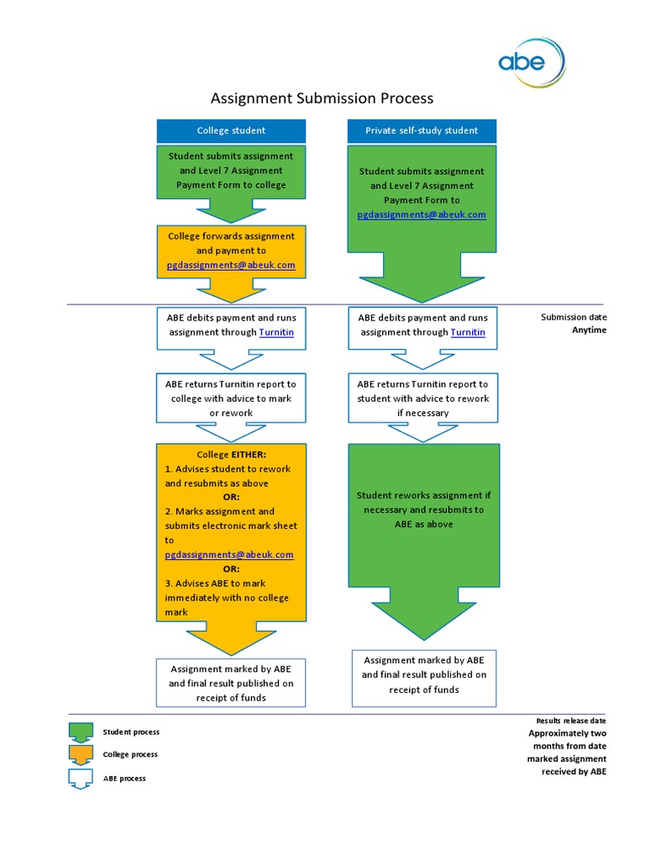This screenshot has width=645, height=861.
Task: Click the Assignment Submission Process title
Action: (x=322, y=98)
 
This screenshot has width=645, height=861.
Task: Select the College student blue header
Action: (x=231, y=130)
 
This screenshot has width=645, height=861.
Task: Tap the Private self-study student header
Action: (x=422, y=130)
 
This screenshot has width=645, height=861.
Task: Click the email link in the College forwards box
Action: (x=231, y=265)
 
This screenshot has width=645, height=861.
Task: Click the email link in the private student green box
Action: (x=422, y=214)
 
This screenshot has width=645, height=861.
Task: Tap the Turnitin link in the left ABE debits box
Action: (x=276, y=332)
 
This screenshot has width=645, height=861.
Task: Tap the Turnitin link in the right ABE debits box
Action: (x=468, y=332)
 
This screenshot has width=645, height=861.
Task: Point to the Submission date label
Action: (x=574, y=317)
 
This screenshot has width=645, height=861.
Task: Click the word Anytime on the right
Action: (x=589, y=330)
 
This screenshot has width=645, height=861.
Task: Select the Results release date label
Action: (x=571, y=721)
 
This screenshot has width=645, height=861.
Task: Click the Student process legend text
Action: (x=131, y=732)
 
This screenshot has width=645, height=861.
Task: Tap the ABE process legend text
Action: (x=124, y=779)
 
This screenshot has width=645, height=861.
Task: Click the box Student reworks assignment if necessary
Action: (x=422, y=510)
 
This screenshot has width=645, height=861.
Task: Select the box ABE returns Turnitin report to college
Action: (x=231, y=398)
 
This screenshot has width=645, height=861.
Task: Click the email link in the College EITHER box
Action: (x=229, y=555)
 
